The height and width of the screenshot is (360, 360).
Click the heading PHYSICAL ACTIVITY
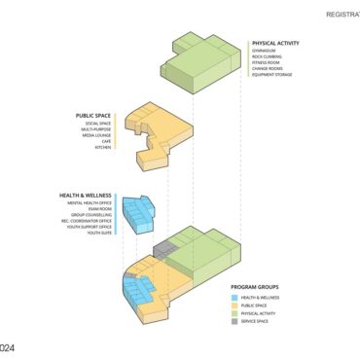pos(275,44)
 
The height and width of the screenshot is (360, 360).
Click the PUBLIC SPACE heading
pos(92,116)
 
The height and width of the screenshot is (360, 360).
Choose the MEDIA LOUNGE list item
pos(96,135)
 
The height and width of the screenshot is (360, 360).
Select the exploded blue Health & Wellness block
pos(143,212)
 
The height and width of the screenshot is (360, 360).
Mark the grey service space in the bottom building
pos(171,252)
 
